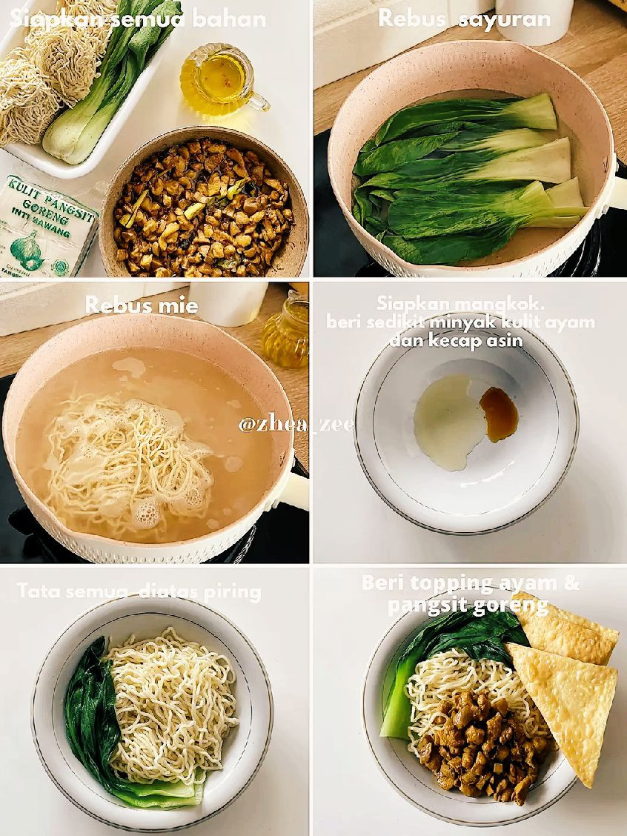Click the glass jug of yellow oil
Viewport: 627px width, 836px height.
219,81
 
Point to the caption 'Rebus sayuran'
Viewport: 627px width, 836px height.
464,18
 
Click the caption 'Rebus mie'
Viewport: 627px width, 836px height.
141,305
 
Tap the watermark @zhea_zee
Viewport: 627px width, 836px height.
296,424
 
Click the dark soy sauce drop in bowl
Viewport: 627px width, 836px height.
499,414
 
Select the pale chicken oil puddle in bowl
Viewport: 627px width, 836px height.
447,420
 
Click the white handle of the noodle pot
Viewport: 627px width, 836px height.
293,491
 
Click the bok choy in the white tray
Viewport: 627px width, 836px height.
111,82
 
